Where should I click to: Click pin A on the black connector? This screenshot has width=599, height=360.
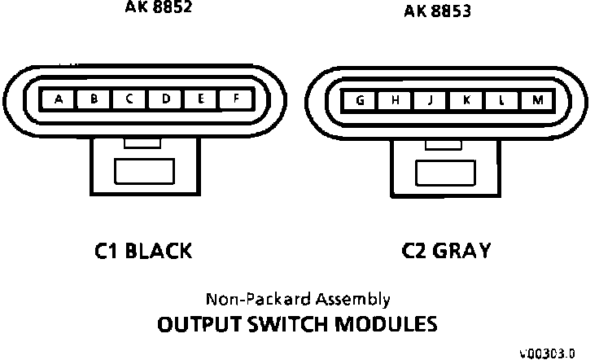click(59, 100)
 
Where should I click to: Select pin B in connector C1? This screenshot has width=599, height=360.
click(94, 100)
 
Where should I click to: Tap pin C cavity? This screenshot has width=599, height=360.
click(129, 100)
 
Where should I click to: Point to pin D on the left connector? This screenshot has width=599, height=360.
click(165, 100)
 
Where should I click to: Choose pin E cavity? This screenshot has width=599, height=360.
click(200, 100)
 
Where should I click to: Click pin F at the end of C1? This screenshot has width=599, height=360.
click(235, 100)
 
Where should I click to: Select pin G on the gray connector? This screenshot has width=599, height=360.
click(359, 100)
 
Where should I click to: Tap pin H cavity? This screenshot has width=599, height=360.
click(395, 100)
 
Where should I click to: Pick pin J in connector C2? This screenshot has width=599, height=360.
click(430, 100)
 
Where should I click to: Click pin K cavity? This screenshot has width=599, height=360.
click(466, 100)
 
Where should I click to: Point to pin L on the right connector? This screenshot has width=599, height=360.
click(501, 100)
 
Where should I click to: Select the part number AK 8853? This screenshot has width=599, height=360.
click(437, 11)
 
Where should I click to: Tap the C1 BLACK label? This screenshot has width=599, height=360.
click(143, 251)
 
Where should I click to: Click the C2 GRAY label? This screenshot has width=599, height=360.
click(446, 251)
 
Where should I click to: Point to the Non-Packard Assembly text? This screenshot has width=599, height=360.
click(298, 299)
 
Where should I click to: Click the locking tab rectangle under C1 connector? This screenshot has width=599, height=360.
click(143, 172)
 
